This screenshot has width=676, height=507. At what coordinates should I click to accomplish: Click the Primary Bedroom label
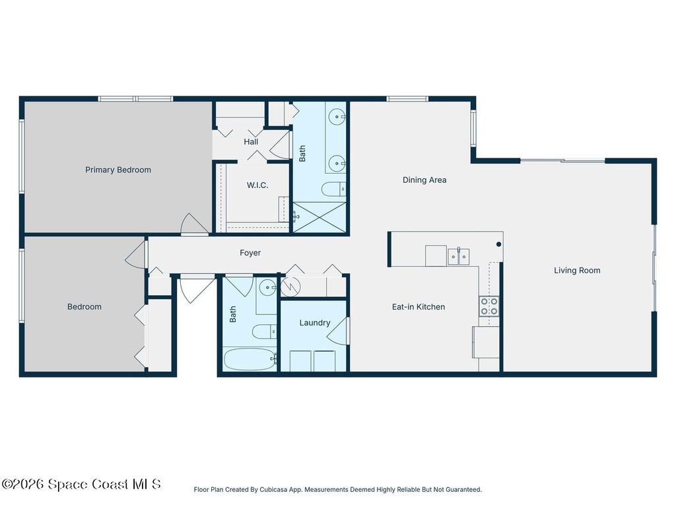click(118, 170)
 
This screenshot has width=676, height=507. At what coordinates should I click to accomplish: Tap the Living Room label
click(577, 270)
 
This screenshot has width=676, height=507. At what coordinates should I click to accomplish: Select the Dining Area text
click(424, 180)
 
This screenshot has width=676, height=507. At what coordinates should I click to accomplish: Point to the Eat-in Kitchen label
click(418, 307)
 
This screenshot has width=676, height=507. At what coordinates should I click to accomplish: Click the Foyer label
click(250, 253)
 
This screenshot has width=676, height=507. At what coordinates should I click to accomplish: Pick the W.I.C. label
click(257, 186)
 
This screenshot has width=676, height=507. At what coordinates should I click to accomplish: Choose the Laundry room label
click(315, 323)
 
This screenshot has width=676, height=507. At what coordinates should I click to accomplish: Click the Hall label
click(251, 142)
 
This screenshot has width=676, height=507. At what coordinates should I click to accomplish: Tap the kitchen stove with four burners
click(489, 306)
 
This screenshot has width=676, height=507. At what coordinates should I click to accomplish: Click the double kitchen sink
click(458, 257)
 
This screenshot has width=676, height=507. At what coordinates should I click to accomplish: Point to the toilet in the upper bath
click(333, 189)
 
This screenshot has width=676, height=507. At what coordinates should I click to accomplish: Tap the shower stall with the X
click(320, 217)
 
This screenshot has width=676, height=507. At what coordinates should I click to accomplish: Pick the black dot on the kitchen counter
click(499, 244)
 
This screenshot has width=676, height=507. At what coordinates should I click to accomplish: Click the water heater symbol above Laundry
click(290, 286)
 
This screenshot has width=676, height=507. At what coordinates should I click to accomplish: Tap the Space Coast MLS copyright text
click(81, 484)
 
